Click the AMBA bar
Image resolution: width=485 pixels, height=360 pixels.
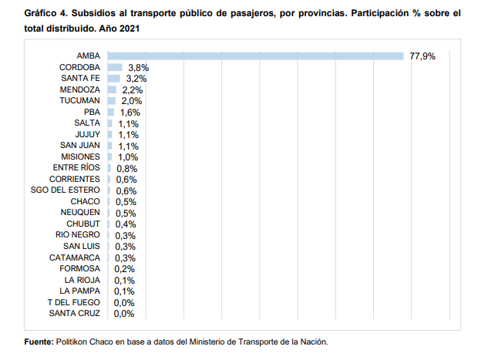point(255,56)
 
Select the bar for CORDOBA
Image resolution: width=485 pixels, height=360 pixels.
point(115,67)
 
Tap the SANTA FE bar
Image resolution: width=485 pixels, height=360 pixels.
point(114,79)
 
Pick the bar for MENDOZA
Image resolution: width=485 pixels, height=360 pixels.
point(112,89)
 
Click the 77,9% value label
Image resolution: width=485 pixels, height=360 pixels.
point(423,56)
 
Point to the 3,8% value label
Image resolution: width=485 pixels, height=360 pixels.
point(139,67)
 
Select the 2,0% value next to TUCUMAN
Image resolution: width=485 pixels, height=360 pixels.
point(132,101)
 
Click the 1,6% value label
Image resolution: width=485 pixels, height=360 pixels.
point(130,113)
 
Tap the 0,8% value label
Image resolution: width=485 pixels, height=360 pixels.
point(126,169)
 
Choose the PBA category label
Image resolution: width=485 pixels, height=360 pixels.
point(92,112)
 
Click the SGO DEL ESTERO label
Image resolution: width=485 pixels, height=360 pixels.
point(66,190)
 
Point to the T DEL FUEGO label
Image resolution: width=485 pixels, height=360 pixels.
point(73,302)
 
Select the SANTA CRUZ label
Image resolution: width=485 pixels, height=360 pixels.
point(75,313)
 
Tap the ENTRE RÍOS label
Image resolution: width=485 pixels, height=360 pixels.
point(76,167)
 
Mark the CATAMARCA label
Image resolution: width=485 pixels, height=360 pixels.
point(75,257)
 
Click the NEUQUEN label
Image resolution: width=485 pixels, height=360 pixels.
point(80,212)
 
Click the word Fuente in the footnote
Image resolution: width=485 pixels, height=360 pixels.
point(39,341)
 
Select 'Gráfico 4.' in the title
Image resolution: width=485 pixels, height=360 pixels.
point(46,13)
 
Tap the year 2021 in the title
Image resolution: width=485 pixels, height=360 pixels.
point(130,29)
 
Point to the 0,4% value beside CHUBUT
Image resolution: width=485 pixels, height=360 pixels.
point(126,224)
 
